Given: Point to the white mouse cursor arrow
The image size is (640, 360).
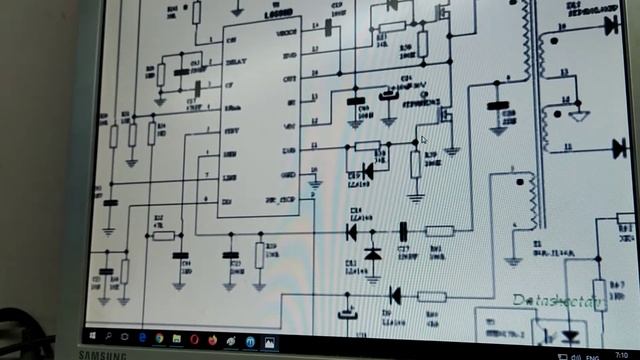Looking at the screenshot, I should point(424,141).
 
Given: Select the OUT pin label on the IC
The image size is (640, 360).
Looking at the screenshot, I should point(291,77).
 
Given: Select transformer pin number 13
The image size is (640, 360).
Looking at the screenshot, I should point(563,72).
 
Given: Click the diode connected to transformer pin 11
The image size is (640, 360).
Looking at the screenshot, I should point(620,148).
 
